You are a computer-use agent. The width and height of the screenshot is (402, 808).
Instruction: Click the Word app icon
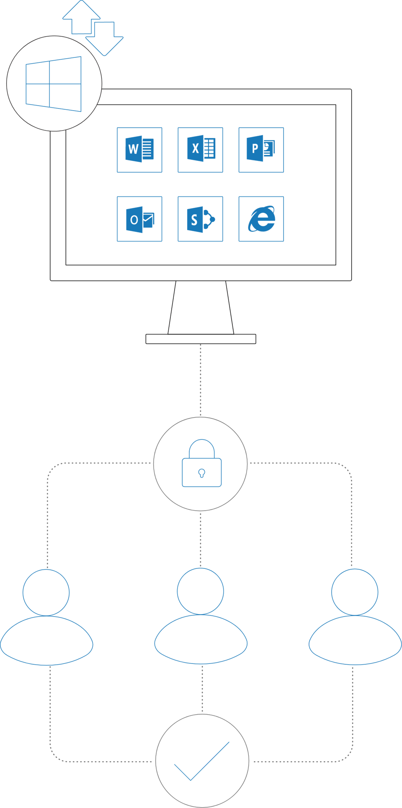pyautogui.click(x=139, y=149)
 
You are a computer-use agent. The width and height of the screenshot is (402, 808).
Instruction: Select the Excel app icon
pyautogui.click(x=201, y=148)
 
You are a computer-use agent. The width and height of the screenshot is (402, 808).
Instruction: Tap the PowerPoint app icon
pyautogui.click(x=260, y=148)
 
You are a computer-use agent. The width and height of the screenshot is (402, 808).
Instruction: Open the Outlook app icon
pyautogui.click(x=140, y=219)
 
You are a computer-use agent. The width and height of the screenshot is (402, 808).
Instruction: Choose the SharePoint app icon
pyautogui.click(x=201, y=219)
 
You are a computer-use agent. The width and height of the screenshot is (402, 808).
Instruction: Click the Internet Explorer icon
pyautogui.click(x=262, y=219)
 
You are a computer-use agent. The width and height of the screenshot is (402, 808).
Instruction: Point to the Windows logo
pyautogui.click(x=54, y=84)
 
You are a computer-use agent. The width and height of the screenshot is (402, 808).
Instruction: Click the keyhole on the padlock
pyautogui.click(x=201, y=473)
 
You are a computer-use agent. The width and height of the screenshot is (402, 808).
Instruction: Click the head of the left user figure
pyautogui.click(x=46, y=592)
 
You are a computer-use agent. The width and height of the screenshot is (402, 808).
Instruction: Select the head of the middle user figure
pyautogui.click(x=200, y=591)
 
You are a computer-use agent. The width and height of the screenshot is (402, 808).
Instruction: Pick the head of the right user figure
pyautogui.click(x=355, y=592)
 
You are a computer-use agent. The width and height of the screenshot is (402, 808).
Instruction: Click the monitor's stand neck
pyautogui.click(x=201, y=307)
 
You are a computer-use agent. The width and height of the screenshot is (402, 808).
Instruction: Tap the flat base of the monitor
pyautogui.click(x=201, y=339)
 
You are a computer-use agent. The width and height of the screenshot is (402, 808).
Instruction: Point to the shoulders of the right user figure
pyautogui.click(x=355, y=640)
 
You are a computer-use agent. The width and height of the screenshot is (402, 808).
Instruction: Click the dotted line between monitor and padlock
pyautogui.click(x=200, y=380)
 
